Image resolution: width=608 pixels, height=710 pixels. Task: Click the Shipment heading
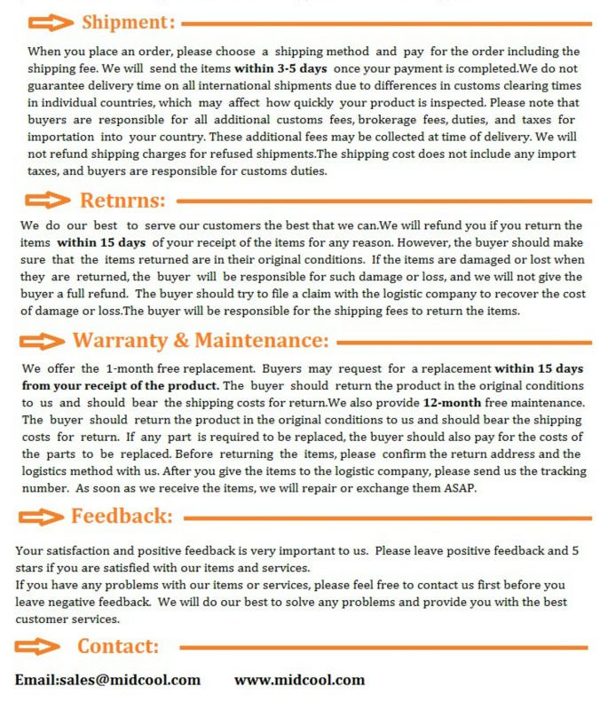[x=128, y=21]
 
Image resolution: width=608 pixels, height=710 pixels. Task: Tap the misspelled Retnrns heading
[x=122, y=200]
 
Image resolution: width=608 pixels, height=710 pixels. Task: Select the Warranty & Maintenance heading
[x=201, y=341]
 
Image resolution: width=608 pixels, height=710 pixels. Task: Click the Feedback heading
[x=122, y=516]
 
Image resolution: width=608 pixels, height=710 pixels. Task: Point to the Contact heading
[x=118, y=646]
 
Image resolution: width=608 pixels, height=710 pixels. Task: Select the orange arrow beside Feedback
[x=43, y=517]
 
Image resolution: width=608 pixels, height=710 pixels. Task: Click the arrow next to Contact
[x=44, y=647]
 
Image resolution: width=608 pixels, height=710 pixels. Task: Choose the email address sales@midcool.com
[x=107, y=680]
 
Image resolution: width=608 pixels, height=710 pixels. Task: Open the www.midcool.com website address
[x=299, y=680]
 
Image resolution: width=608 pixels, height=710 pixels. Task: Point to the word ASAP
[x=462, y=488]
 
